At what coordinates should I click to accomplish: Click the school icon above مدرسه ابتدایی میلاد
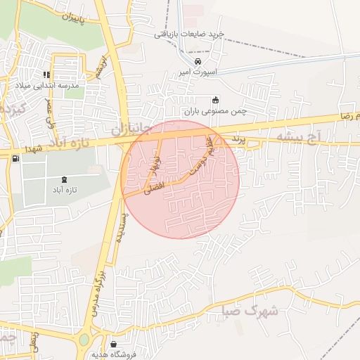click(x=47, y=75)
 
